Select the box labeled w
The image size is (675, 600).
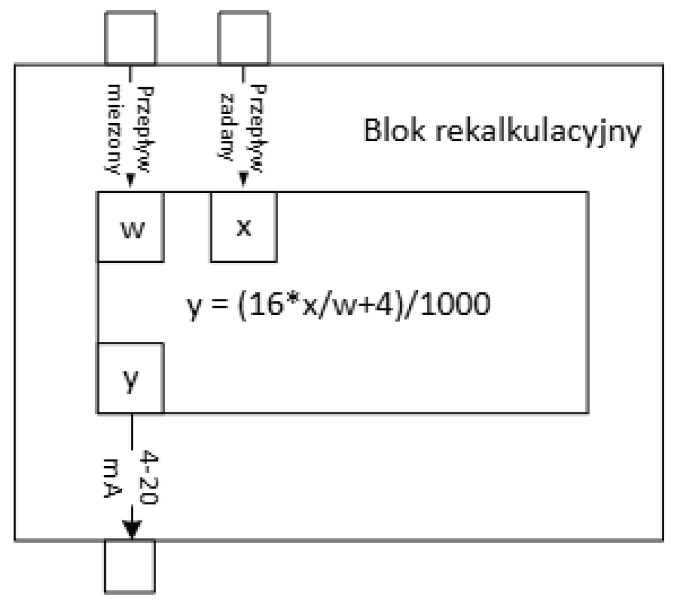131,228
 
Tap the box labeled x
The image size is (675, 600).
243,228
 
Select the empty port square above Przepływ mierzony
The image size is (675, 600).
130,37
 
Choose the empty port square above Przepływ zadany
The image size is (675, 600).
244,37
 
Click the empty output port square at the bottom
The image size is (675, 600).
130,565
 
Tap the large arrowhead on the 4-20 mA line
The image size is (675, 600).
132,528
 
